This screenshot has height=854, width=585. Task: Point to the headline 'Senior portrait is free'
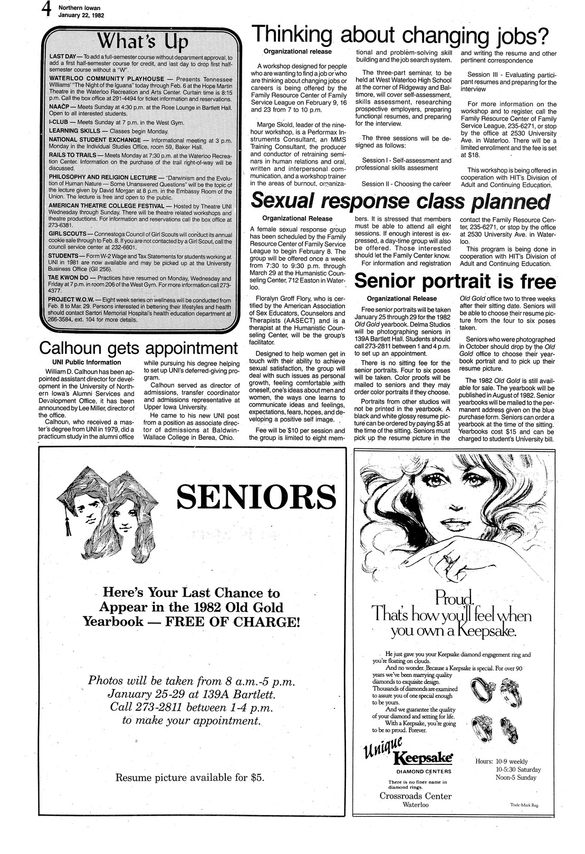455,281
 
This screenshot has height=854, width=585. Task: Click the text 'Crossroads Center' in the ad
416,796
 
